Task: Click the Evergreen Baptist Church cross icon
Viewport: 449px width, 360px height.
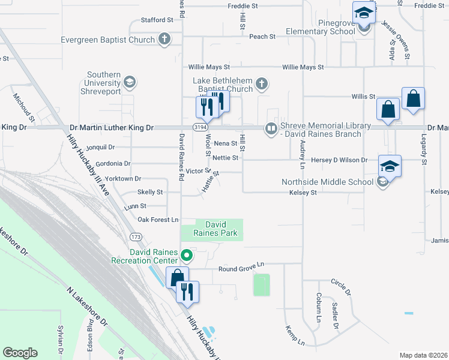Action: (164, 40)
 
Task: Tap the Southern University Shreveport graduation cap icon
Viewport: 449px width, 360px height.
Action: (129, 82)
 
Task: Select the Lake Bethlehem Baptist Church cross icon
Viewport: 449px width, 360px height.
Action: (262, 83)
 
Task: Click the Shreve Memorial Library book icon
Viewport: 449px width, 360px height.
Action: (271, 128)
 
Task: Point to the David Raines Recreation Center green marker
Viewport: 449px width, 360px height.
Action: (186, 256)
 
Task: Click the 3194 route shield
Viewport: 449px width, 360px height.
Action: (200, 128)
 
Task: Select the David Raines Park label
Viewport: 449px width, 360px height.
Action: (215, 228)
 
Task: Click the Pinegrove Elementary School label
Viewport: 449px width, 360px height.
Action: (320, 27)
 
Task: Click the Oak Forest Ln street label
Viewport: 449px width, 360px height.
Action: (158, 220)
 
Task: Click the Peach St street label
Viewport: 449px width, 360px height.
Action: (262, 37)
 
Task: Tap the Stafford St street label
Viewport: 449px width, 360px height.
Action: (157, 20)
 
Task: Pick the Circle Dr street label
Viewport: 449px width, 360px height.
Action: (340, 286)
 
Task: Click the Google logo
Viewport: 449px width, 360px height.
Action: (20, 353)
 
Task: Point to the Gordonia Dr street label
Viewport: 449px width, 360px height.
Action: (109, 163)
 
